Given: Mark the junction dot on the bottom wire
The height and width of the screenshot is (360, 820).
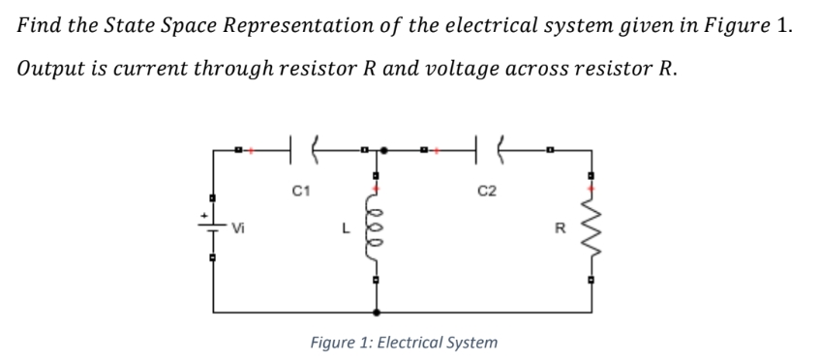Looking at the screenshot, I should coord(377,313).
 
